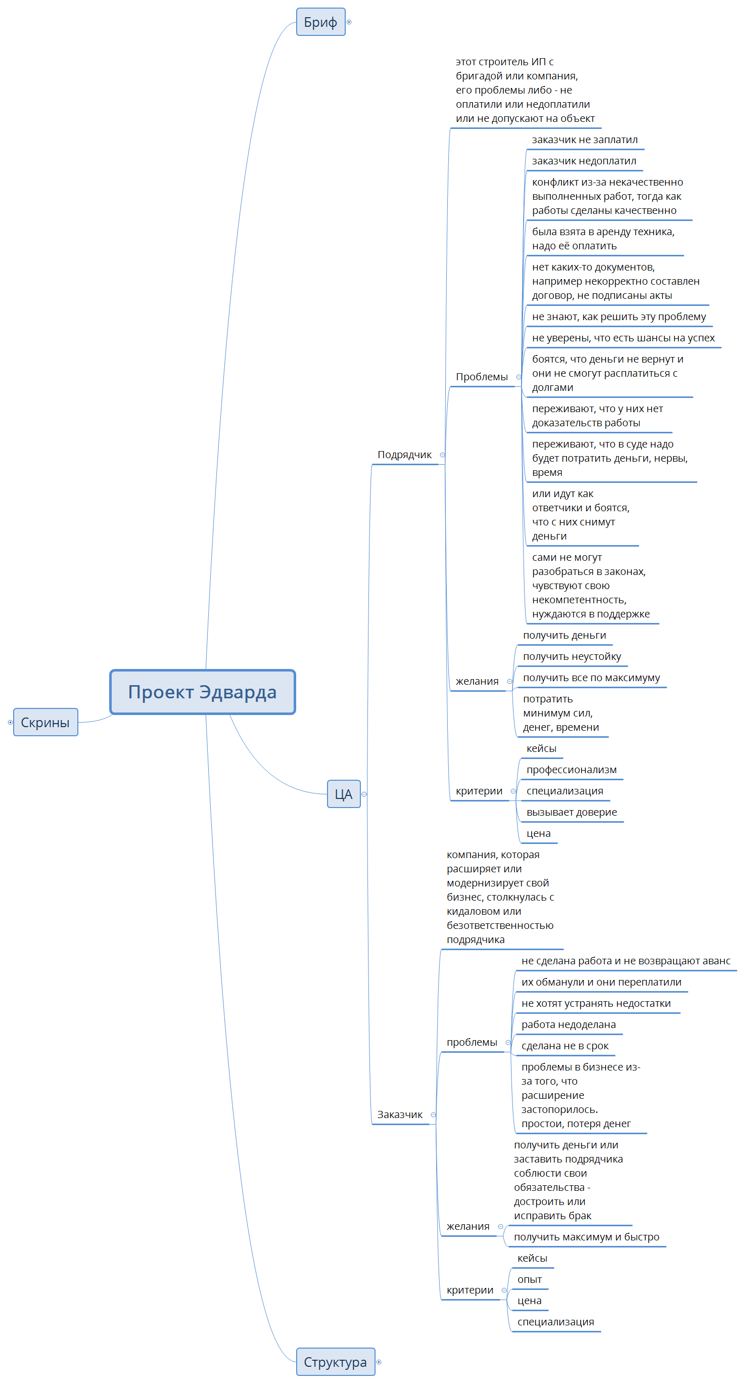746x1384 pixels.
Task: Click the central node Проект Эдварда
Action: click(203, 692)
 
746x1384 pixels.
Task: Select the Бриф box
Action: click(320, 22)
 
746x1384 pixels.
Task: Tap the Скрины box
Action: click(45, 723)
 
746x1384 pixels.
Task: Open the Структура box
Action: click(335, 1362)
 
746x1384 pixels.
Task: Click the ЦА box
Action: click(343, 794)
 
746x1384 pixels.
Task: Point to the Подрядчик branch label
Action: click(404, 455)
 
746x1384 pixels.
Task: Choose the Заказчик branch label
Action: click(400, 1114)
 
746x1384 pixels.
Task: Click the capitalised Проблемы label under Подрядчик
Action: click(482, 377)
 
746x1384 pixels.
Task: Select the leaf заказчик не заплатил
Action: click(585, 140)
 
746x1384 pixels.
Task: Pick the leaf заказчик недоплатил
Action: click(584, 161)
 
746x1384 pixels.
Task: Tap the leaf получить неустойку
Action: click(572, 656)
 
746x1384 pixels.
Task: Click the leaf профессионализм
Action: click(572, 770)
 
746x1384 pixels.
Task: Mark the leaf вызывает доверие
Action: click(572, 812)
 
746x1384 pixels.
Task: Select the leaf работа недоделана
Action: click(568, 1024)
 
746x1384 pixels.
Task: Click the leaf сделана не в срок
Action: click(565, 1046)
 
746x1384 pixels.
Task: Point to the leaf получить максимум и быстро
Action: click(586, 1237)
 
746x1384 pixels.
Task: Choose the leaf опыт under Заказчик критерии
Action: click(529, 1279)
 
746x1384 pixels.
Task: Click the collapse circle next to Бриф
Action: click(349, 22)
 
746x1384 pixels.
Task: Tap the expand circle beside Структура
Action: click(379, 1362)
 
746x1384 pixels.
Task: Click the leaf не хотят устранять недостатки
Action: click(595, 1003)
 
